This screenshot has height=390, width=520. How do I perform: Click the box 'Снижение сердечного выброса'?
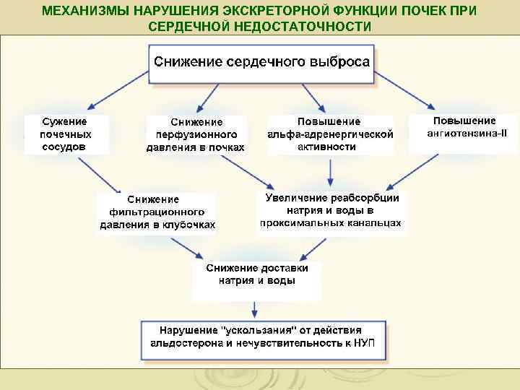click(x=262, y=61)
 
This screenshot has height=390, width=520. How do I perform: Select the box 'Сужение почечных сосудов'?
click(x=66, y=134)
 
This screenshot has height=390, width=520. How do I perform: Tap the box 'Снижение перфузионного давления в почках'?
click(x=196, y=135)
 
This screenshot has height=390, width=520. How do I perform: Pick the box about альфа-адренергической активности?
click(x=330, y=134)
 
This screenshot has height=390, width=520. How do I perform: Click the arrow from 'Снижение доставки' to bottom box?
click(x=253, y=309)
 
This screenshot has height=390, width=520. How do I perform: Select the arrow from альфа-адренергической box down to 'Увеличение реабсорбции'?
click(x=330, y=170)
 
